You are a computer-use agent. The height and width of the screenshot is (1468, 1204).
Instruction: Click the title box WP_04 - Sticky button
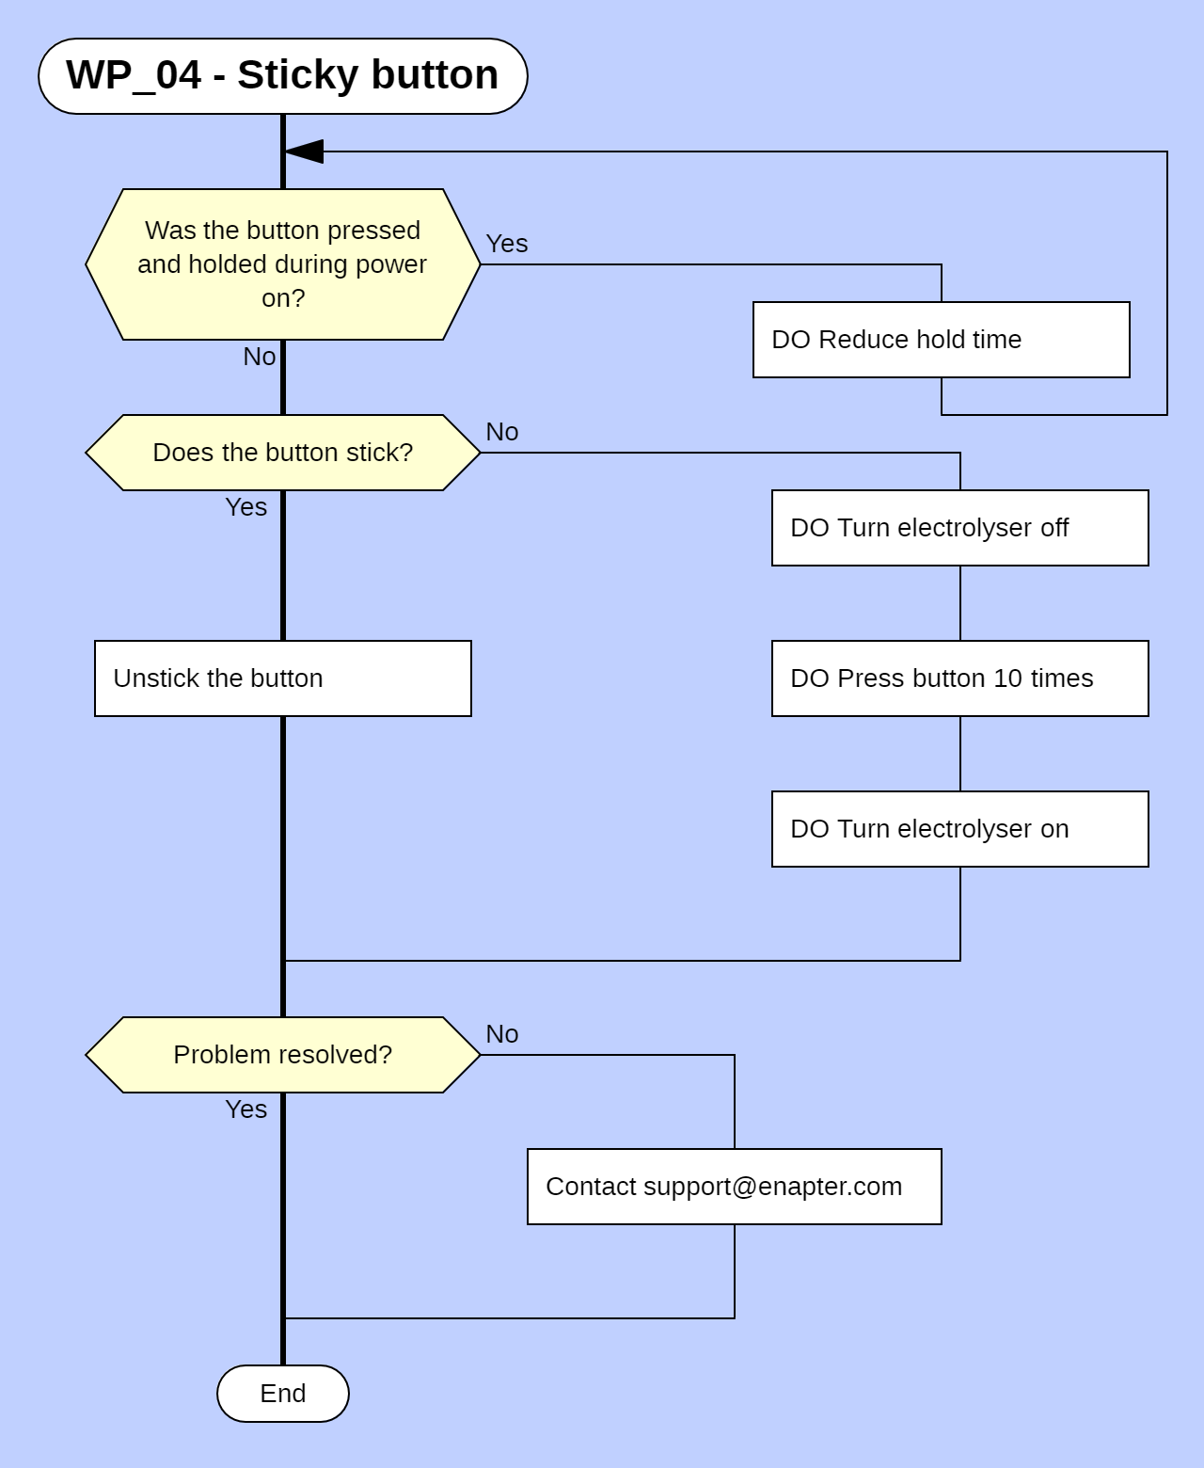click(282, 76)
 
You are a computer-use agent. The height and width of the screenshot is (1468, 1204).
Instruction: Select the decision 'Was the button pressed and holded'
click(282, 264)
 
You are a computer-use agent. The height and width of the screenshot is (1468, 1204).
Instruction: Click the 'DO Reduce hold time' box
click(941, 340)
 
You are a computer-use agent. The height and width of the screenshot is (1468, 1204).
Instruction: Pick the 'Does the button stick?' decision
click(282, 453)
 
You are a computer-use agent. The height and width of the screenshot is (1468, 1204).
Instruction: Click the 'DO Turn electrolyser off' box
click(959, 528)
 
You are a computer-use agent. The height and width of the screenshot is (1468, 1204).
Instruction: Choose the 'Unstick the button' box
click(282, 678)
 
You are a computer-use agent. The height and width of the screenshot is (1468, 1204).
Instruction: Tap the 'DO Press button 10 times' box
click(959, 678)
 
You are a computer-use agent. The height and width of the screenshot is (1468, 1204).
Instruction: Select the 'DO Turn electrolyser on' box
click(959, 829)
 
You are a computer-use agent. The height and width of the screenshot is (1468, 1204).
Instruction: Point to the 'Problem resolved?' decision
click(282, 1055)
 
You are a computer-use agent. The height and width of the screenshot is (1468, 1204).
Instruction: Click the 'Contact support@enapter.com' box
click(734, 1187)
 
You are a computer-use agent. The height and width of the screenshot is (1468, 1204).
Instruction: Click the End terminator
click(282, 1394)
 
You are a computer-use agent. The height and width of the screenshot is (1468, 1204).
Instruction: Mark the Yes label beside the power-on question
click(506, 244)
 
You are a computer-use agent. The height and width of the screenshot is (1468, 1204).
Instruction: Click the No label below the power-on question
click(260, 357)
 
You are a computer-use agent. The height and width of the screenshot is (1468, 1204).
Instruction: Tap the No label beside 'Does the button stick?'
click(502, 432)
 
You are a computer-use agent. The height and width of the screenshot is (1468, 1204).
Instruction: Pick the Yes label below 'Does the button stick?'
click(246, 507)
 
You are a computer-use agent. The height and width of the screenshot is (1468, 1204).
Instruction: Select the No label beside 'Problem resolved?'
click(502, 1034)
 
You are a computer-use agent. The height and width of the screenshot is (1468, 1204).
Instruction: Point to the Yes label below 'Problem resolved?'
click(246, 1109)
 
